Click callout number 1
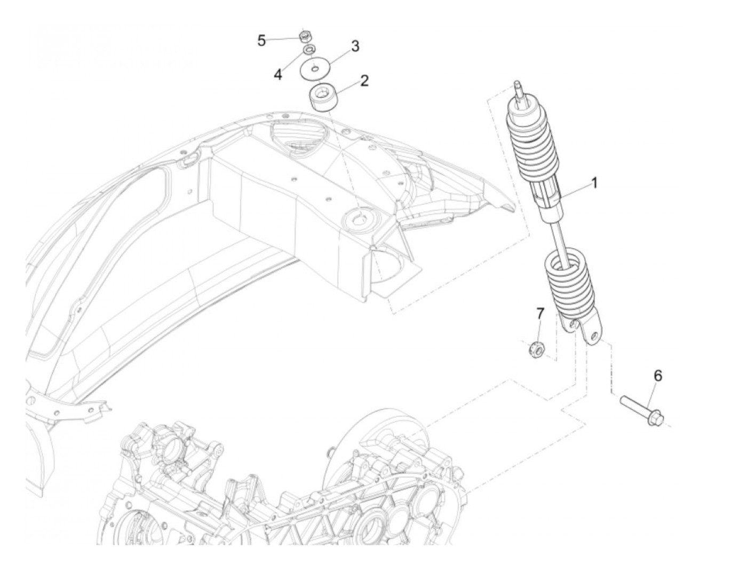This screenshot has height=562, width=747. coord(593,184)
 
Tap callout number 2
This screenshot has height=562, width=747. coord(364,81)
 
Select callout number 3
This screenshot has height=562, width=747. coord(355,46)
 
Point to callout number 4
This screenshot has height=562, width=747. coord(277,74)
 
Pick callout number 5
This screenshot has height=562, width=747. coord(261,40)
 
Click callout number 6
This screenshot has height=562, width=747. coord(658,376)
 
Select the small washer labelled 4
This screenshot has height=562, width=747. coord(308,50)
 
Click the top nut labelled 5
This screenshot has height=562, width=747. coord(306,36)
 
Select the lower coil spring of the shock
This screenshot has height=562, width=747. coord(568,283)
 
